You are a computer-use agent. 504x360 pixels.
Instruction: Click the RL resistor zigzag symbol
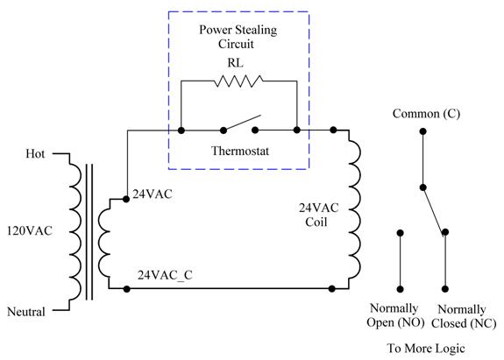point(238,81)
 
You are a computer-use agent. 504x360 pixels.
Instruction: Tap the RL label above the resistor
point(236,62)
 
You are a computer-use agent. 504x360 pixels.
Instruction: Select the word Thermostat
point(240,151)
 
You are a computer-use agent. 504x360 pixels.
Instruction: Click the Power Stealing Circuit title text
point(238,37)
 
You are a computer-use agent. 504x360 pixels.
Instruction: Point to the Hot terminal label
point(35,154)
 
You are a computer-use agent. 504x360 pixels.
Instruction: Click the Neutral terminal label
point(26,312)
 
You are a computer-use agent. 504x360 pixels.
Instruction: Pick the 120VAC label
point(30,230)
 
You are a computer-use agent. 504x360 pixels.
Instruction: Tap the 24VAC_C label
point(165,275)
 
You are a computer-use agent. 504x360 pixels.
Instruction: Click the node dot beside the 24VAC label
point(126,200)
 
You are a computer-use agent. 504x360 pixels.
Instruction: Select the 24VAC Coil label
point(318,215)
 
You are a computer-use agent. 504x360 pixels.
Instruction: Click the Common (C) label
point(426,114)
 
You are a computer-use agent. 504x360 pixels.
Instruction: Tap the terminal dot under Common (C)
point(423,131)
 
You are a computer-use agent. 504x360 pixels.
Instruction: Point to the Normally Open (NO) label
point(395,315)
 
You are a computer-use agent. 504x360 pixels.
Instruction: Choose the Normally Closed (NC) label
point(463,316)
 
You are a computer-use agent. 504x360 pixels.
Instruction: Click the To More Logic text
point(426,349)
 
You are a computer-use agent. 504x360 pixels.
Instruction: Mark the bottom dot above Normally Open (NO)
point(401,289)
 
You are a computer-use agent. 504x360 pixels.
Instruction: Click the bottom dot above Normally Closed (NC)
point(445,289)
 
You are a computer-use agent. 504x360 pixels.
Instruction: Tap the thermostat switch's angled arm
point(242,123)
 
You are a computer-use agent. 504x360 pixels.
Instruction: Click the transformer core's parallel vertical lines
point(89,232)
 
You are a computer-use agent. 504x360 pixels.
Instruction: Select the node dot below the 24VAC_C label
point(126,289)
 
